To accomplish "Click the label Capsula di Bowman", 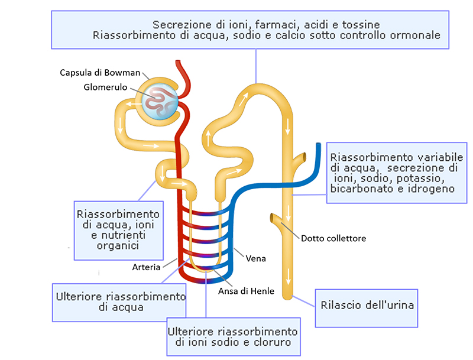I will click(100, 73).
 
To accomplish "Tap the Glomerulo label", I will click(107, 88).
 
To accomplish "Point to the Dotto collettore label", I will click(333, 238).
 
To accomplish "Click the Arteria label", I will click(146, 267).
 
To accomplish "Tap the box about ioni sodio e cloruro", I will click(232, 336).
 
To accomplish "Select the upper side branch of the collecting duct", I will click(302, 158).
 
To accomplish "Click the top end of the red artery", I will click(178, 63).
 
